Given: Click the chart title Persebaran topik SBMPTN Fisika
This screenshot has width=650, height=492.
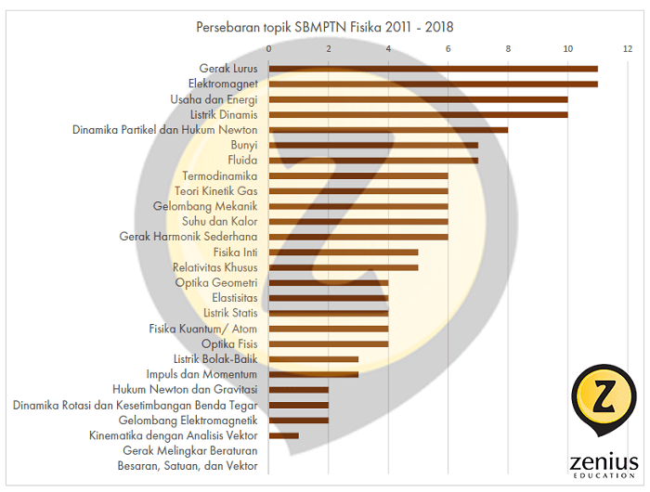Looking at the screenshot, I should tap(325, 27).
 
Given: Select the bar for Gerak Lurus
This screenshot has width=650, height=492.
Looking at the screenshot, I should tap(433, 69).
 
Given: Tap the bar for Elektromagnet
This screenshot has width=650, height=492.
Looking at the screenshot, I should tap(433, 84).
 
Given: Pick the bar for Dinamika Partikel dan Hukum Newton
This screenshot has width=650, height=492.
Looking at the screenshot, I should tap(388, 130).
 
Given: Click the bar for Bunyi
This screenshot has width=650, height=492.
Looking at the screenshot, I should tap(373, 145).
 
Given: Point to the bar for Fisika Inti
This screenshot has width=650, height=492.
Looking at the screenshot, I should tap(344, 252).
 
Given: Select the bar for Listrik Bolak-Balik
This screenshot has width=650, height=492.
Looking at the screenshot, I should tap(314, 358).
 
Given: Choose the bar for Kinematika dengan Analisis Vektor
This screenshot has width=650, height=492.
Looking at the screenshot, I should tap(284, 434).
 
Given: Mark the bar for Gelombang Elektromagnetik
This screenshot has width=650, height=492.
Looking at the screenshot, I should tap(299, 420).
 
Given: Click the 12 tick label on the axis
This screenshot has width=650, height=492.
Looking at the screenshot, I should tap(628, 48).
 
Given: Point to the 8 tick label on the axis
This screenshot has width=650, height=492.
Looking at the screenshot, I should tap(508, 48).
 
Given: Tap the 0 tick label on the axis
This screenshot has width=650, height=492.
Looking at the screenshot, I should tap(269, 48).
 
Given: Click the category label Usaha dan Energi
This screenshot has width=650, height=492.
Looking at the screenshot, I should tap(214, 99).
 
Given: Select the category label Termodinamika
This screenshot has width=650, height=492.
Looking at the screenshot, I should tap(220, 175).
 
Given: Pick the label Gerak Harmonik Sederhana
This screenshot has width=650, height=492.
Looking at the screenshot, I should tap(188, 237).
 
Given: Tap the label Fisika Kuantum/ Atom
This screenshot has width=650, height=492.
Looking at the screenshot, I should tap(203, 329).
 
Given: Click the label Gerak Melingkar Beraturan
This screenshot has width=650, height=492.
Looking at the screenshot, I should tap(190, 450).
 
